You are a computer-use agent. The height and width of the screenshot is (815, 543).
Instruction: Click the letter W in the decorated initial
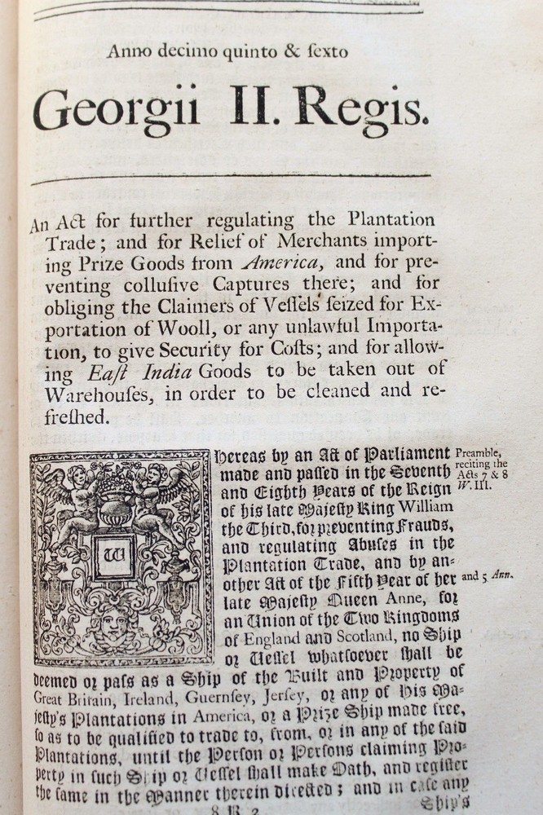[113, 557]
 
